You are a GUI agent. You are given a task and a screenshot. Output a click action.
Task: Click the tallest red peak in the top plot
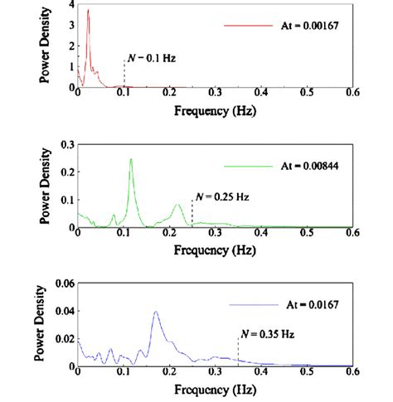coord(89,11)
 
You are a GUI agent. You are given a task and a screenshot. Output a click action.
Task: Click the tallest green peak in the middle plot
coord(131,159)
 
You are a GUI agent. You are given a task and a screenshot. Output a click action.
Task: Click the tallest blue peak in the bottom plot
coord(156,312)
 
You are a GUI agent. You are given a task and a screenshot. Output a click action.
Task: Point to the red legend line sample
coord(248,26)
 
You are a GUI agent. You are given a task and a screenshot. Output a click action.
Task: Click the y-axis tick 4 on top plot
coord(71,5)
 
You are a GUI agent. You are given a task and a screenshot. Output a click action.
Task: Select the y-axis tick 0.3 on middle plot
coord(66,143)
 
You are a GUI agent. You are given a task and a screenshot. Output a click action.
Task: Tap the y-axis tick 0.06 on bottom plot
coord(63,283)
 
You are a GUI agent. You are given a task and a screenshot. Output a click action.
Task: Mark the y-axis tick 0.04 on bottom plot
coord(63,311)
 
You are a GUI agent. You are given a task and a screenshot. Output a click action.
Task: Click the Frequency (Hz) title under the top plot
coord(214,109)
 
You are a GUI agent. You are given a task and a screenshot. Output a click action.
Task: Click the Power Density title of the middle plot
coord(44,189)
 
